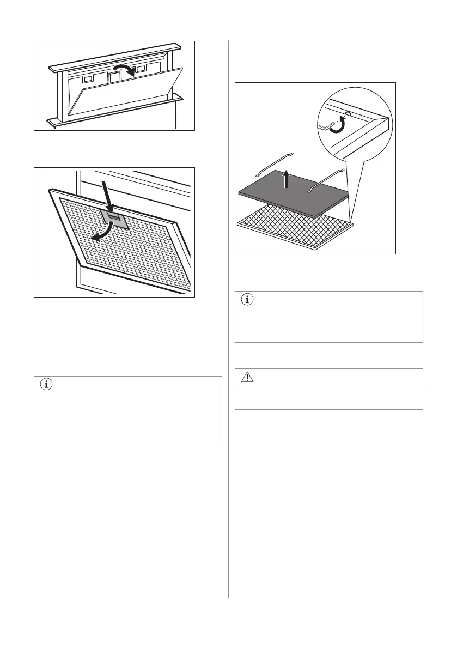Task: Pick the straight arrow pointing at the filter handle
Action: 108,198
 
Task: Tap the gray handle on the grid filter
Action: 115,220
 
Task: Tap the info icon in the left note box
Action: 46,385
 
